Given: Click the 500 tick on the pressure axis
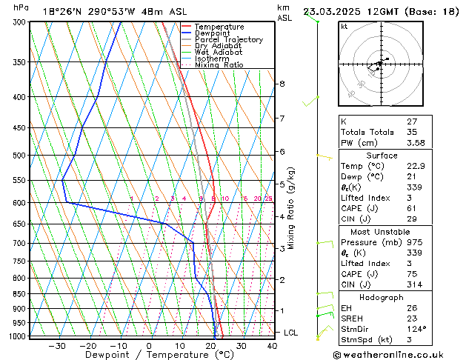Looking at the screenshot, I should [x=19, y=156].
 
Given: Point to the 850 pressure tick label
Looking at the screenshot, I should [x=19, y=294].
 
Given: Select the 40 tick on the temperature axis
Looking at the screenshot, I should [x=272, y=345].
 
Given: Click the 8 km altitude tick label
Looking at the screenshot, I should [x=282, y=84].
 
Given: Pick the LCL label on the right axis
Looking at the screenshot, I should [x=290, y=333].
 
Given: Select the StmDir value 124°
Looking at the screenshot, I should [x=395, y=328].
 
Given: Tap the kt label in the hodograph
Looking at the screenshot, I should [x=344, y=27].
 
